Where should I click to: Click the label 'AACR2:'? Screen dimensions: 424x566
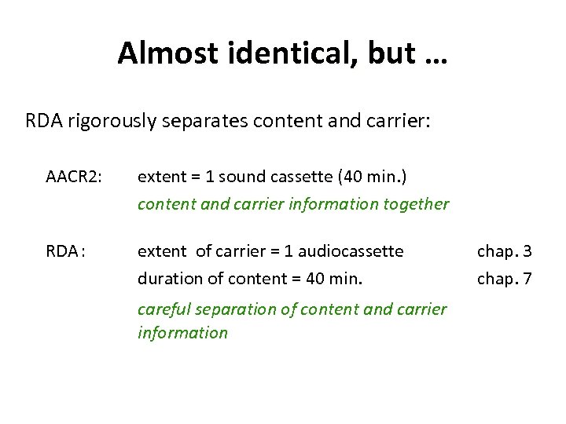coord(73,177)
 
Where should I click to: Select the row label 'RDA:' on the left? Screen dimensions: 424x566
coord(66,251)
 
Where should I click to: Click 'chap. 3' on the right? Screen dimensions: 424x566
coord(505,251)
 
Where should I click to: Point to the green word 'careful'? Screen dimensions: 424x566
coord(161,309)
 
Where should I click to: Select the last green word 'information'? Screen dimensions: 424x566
coord(182,333)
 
